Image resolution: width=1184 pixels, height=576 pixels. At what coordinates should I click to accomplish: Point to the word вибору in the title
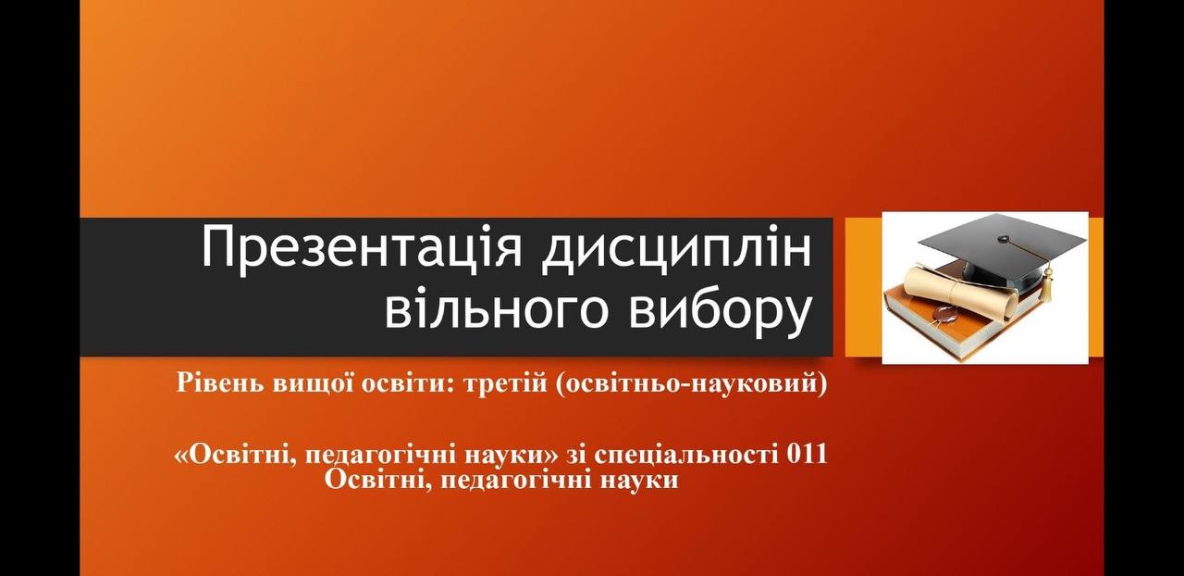coord(720,310)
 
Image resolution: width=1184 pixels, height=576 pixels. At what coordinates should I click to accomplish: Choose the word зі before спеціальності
coord(575,455)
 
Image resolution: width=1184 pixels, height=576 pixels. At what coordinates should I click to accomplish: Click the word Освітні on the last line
coord(377,481)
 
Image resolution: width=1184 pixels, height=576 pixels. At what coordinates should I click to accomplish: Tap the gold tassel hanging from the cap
coord(1046,285)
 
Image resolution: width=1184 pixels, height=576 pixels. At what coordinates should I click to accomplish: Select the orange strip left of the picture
coord(864,287)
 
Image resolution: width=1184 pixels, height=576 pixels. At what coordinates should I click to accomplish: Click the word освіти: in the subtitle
coord(405,383)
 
